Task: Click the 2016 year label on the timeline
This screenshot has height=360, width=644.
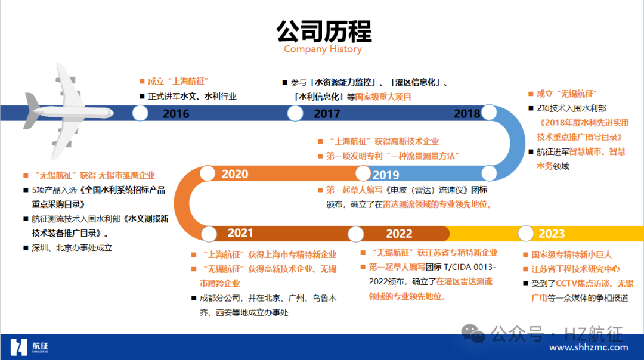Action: pyautogui.click(x=176, y=114)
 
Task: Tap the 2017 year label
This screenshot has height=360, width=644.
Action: pyautogui.click(x=327, y=114)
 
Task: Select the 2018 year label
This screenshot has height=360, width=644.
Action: pyautogui.click(x=467, y=114)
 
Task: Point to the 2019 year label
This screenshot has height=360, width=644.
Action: pyautogui.click(x=386, y=175)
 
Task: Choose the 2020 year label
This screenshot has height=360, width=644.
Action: pyautogui.click(x=235, y=174)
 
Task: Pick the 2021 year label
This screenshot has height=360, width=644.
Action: pyautogui.click(x=240, y=232)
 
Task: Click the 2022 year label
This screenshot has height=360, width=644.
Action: pyautogui.click(x=399, y=234)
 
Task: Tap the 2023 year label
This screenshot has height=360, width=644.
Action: pyautogui.click(x=552, y=234)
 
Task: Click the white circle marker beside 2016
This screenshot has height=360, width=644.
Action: pyautogui.click(x=140, y=113)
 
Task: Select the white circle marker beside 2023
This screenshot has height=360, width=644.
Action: pyautogui.click(x=526, y=234)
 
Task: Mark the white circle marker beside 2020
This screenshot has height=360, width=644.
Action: pyautogui.click(x=208, y=173)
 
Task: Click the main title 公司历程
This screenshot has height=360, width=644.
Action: pyautogui.click(x=324, y=31)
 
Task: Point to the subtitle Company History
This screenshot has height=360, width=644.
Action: pyautogui.click(x=323, y=49)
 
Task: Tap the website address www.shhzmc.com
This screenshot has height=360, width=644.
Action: pyautogui.click(x=589, y=347)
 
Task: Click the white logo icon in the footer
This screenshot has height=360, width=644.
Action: pyautogui.click(x=19, y=347)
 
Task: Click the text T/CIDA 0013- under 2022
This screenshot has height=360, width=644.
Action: pyautogui.click(x=470, y=267)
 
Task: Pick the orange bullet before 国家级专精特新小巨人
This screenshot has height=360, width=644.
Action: pyautogui.click(x=525, y=255)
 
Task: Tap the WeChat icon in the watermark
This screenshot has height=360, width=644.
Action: pyautogui.click(x=473, y=333)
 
